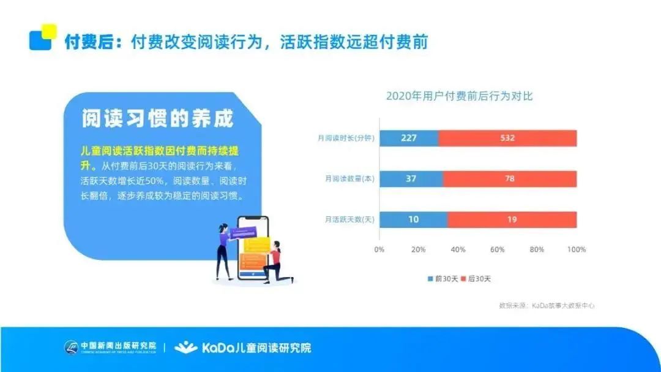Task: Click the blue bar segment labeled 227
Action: tap(409, 138)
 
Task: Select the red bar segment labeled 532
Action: tap(507, 138)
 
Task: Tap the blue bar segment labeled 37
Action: tap(411, 178)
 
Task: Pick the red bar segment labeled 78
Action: tap(510, 178)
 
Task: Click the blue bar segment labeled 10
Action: tap(414, 219)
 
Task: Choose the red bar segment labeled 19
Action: tap(512, 219)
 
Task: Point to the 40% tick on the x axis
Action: tap(458, 249)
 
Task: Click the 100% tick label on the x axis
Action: tap(577, 249)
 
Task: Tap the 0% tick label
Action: tap(379, 249)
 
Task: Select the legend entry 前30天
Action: tap(443, 279)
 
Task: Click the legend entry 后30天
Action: tap(476, 279)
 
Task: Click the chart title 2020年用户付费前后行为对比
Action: tap(460, 96)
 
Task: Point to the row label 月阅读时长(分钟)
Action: tap(346, 138)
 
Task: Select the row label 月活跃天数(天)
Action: tap(349, 219)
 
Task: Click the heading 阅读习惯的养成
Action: tap(158, 119)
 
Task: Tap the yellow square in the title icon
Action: tap(50, 31)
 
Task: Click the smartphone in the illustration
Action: tap(253, 248)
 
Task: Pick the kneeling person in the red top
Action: tap(277, 263)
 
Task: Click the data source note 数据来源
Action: tap(547, 306)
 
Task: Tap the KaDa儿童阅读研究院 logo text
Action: tap(243, 347)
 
